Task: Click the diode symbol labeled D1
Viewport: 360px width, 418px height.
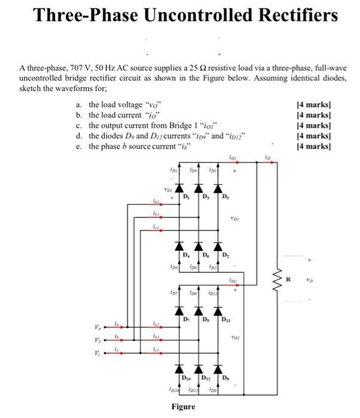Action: (179, 189)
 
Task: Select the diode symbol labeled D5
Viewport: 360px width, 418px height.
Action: (218, 189)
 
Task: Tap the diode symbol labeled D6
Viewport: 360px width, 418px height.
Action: (198, 246)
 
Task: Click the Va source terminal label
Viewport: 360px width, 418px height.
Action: (97, 327)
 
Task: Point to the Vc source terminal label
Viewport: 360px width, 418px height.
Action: (97, 352)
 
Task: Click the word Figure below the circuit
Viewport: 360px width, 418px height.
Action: (183, 407)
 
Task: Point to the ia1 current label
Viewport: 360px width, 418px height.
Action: (156, 204)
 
